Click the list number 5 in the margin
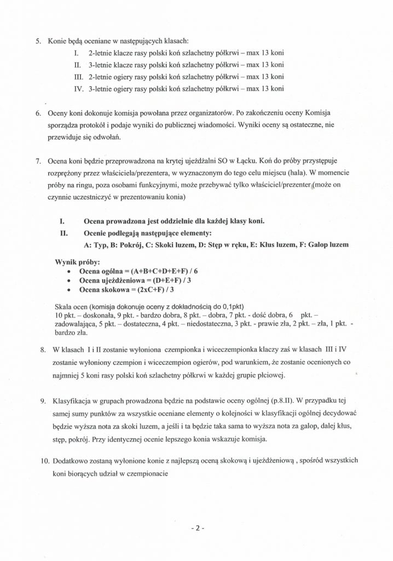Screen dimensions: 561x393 [x=38, y=41]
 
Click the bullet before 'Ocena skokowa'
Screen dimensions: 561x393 [x=67, y=290]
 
